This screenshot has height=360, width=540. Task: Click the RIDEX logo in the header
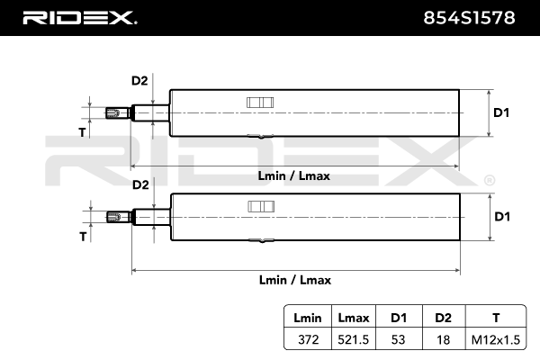coord(79,17)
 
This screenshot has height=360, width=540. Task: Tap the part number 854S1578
coord(469,17)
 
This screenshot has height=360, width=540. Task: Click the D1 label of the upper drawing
coord(502,112)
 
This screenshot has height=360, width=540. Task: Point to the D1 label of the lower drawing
coord(502,217)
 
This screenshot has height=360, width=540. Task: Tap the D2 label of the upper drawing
coord(139,81)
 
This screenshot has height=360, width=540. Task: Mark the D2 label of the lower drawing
coord(139,185)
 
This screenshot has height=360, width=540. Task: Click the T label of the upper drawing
coord(83,132)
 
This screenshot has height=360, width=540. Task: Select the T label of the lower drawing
coord(83,237)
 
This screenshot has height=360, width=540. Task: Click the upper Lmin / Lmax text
coord(294,175)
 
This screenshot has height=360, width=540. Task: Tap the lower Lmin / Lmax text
coord(294,280)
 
